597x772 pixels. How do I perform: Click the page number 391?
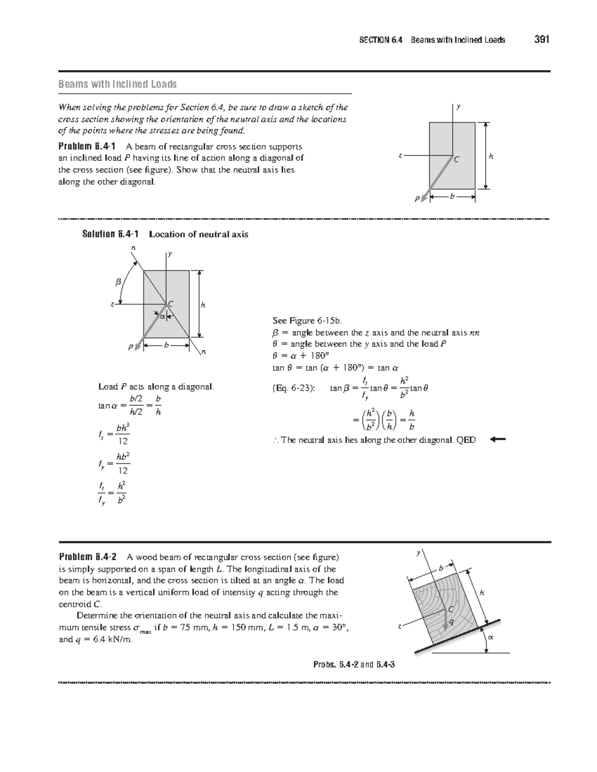point(542,40)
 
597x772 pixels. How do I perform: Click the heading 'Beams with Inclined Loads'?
point(117,84)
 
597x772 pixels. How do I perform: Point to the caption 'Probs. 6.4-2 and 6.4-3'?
point(354,664)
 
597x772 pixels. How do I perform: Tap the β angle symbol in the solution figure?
point(118,282)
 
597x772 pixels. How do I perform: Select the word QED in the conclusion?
point(467,440)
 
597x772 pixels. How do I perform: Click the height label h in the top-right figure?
point(491,156)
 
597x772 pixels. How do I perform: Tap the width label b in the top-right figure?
point(452,197)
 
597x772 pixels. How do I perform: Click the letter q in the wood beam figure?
point(451,622)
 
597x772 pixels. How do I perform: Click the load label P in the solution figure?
point(131,347)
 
